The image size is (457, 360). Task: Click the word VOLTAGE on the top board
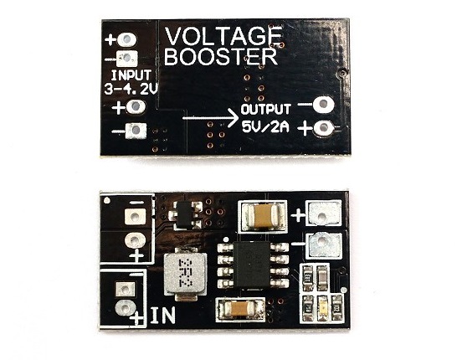[x=223, y=36]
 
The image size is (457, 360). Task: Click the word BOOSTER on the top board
[x=221, y=57]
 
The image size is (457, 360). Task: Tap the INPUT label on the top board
[x=131, y=75]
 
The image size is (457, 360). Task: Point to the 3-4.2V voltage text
[x=131, y=89]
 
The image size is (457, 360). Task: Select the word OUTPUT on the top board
[x=265, y=110]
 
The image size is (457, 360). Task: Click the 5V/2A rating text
[x=265, y=126]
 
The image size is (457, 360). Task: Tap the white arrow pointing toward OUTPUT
[x=210, y=118]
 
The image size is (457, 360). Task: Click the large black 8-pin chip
[x=253, y=264]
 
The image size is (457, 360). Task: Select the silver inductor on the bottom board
[x=185, y=274]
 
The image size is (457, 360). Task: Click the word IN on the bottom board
[x=163, y=315]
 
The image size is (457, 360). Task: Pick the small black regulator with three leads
[x=185, y=216]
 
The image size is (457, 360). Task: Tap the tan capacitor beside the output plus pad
[x=263, y=216]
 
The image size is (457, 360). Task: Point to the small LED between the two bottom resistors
[x=322, y=309]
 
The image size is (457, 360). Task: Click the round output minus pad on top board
[x=323, y=105]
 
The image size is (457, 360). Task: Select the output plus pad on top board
[x=324, y=128]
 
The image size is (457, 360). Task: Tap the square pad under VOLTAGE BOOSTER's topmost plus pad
[x=126, y=59]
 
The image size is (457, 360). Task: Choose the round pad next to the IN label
[x=126, y=308]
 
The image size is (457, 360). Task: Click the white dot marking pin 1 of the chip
[x=226, y=239]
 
